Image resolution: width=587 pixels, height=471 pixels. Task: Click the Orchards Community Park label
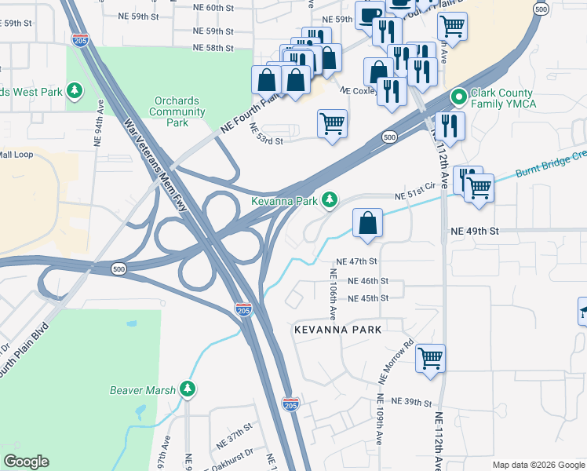pos(177,111)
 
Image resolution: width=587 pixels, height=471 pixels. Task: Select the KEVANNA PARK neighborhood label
pos(337,330)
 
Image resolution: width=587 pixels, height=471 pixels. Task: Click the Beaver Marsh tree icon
pos(187,389)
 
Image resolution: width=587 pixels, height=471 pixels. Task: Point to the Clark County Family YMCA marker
pos(459,97)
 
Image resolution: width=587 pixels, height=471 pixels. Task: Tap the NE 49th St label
pos(475,232)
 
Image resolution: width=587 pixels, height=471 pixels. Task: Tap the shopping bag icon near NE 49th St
pos(367,222)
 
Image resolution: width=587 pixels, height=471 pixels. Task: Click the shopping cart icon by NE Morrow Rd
pos(430,358)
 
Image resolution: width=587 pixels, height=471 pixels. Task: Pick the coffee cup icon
pos(370,13)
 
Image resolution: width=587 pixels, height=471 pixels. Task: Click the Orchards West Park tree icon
pos(75,92)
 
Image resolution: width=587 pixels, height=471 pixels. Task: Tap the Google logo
pos(26,462)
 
